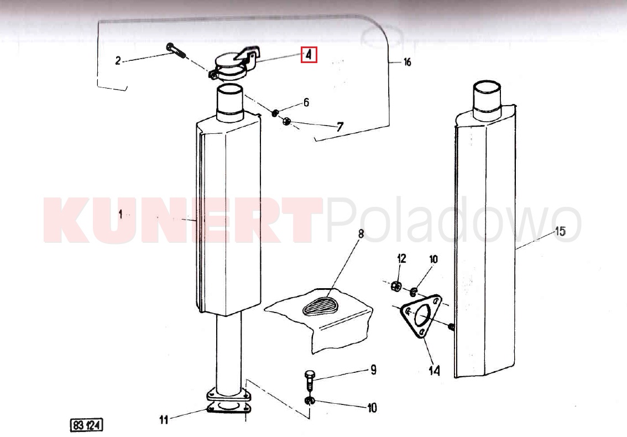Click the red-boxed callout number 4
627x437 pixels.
[309, 55]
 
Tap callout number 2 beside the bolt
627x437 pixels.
[118, 60]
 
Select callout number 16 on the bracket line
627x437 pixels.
[407, 62]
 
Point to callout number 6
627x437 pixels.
[306, 102]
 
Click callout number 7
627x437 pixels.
[340, 127]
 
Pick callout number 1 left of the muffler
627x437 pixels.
[121, 214]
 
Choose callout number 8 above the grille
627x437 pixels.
[360, 233]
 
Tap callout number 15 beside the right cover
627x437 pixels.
[561, 231]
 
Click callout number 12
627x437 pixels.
[401, 258]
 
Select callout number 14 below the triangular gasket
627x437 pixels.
[434, 371]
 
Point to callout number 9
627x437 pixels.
[373, 370]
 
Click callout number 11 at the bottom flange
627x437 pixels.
[164, 419]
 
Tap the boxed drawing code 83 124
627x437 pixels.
[86, 425]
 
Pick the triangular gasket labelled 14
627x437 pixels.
[421, 316]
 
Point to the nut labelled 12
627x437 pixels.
[396, 286]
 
